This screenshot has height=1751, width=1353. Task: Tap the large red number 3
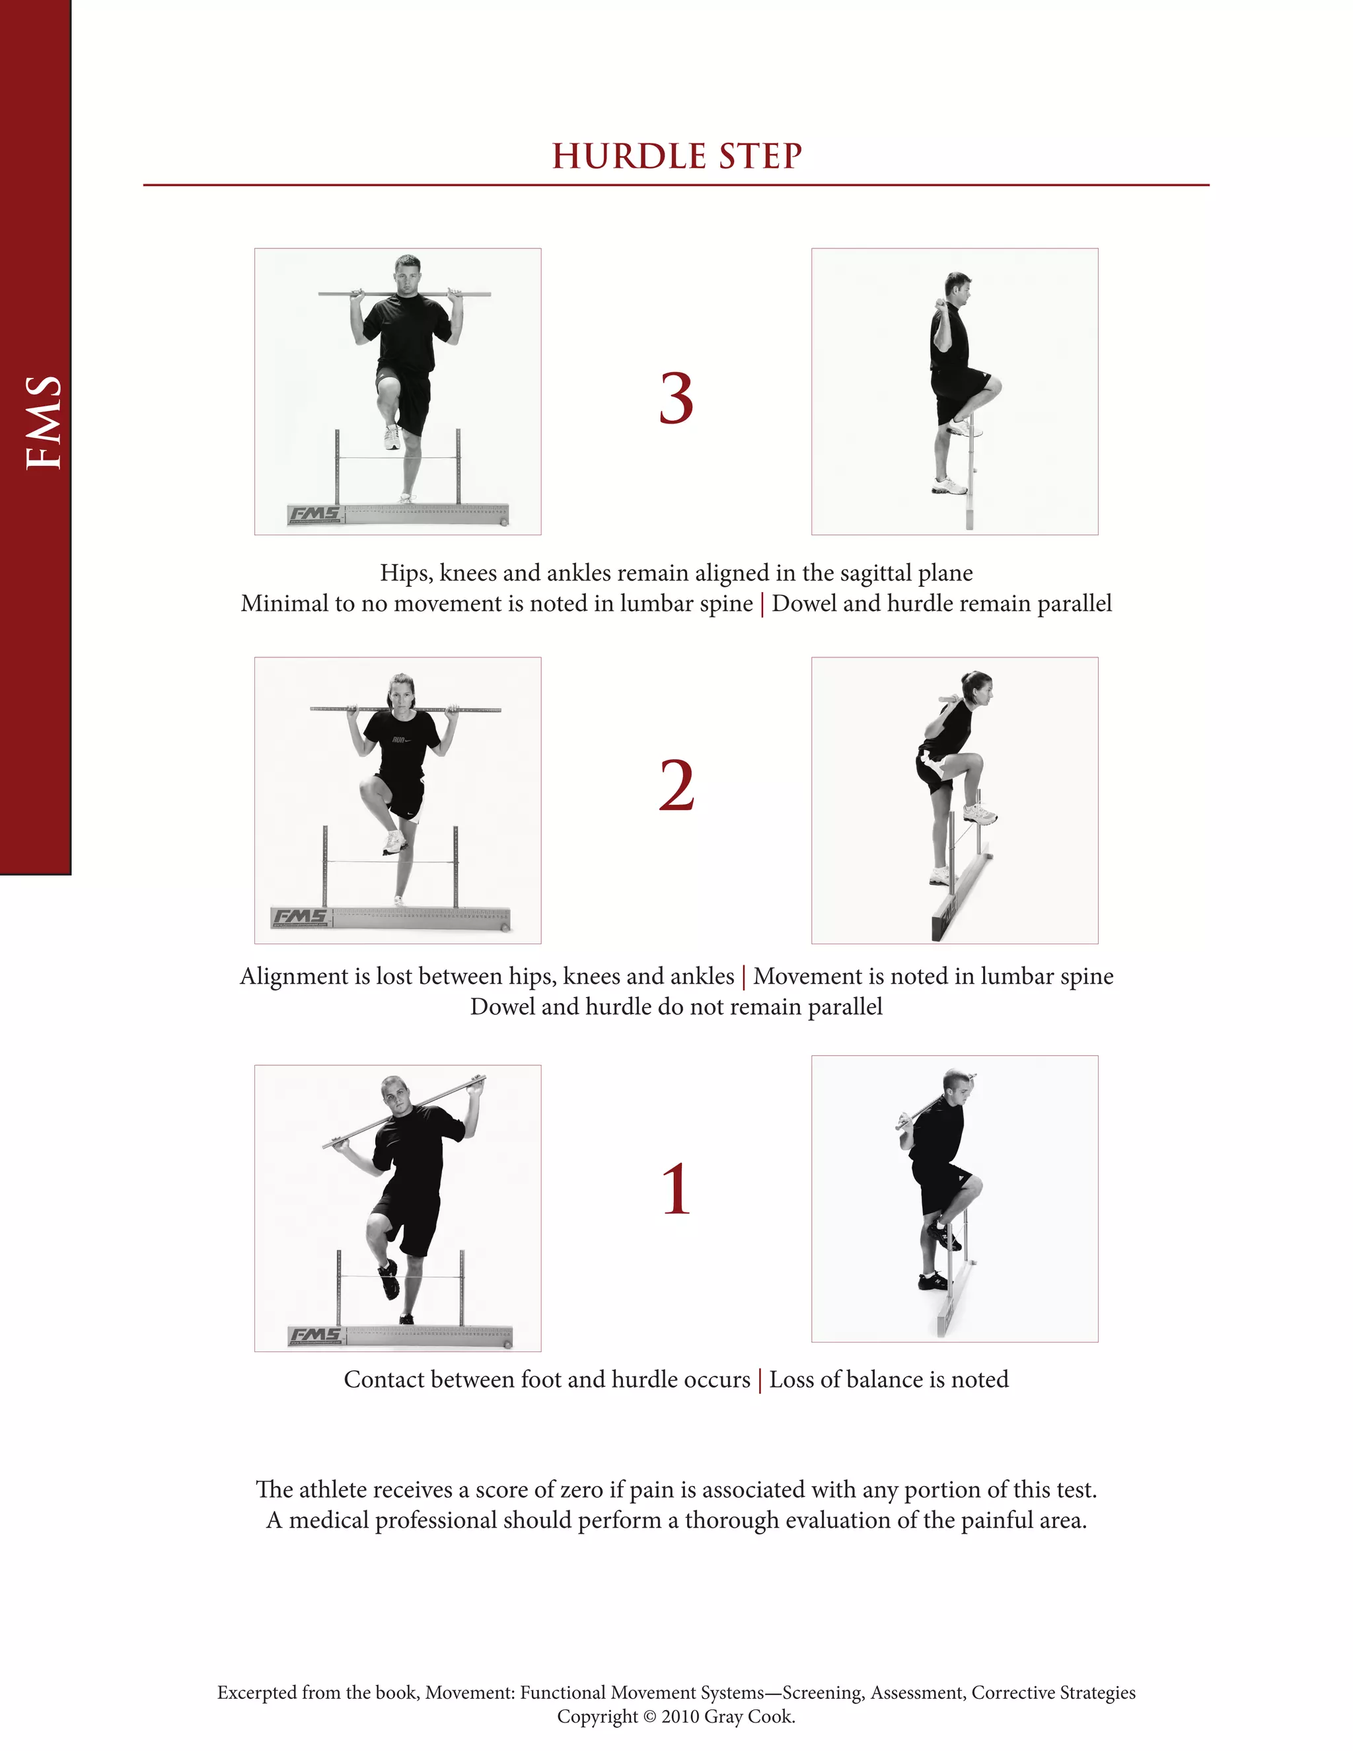[x=676, y=398]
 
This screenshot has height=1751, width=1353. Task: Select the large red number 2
[x=676, y=786]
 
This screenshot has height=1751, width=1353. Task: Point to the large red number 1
[x=676, y=1190]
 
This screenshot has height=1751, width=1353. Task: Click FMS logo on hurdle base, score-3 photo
[x=315, y=514]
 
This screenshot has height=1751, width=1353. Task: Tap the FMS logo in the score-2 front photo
[x=300, y=916]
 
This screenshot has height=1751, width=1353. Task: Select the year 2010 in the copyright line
[x=680, y=1717]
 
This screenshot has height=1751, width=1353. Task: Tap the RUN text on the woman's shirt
[x=399, y=739]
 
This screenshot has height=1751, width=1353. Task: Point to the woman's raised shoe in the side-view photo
[x=980, y=815]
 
